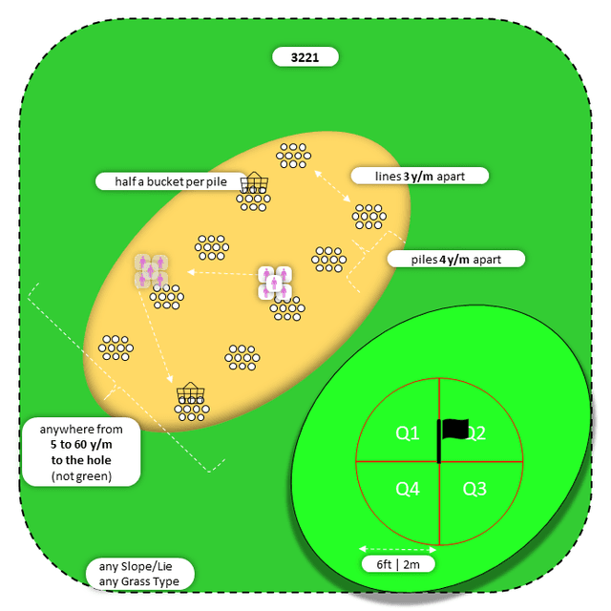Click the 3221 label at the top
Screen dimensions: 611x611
click(x=305, y=57)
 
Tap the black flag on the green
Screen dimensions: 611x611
click(x=454, y=432)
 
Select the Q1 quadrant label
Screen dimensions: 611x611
click(x=408, y=433)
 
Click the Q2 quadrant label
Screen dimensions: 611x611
click(x=475, y=434)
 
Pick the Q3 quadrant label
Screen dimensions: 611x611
click(x=474, y=489)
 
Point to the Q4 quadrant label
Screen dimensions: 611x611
click(x=408, y=489)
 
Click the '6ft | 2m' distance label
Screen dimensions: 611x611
click(x=398, y=564)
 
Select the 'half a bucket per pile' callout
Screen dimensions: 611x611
click(x=166, y=180)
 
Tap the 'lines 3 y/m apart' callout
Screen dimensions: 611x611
click(x=419, y=176)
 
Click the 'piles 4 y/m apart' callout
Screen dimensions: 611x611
click(x=456, y=259)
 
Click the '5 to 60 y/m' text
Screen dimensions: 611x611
click(x=82, y=445)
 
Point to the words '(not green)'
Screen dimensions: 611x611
click(x=82, y=474)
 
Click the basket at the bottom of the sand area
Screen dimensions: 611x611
click(x=191, y=392)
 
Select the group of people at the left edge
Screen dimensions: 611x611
click(x=151, y=270)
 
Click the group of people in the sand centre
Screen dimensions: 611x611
click(x=274, y=282)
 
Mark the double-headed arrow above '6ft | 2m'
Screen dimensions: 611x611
click(x=398, y=549)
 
